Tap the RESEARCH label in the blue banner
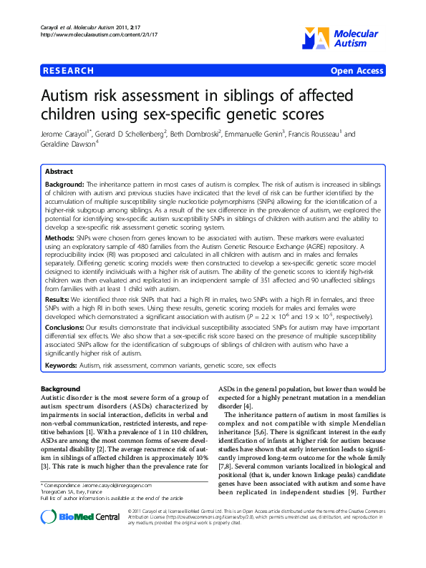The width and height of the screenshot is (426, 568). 69,71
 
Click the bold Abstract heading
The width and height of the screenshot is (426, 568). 59,172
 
